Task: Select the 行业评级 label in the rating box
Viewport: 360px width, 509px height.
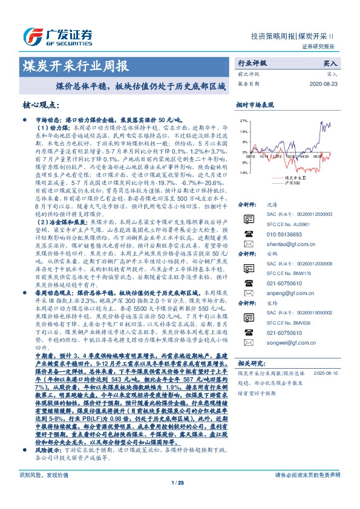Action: coord(252,63)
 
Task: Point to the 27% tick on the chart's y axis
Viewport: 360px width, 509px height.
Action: coord(243,120)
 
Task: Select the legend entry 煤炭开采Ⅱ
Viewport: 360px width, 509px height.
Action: coord(295,178)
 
